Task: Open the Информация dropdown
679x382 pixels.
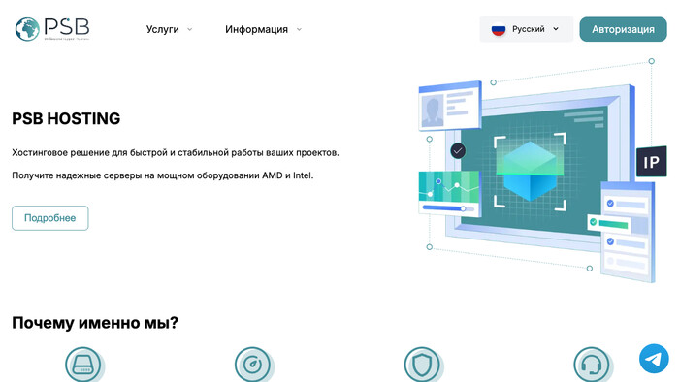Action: point(263,29)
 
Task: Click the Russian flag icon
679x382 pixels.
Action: point(499,29)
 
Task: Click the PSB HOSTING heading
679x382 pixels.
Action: point(66,119)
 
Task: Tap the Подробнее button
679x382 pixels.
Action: point(49,218)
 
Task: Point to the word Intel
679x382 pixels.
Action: point(303,175)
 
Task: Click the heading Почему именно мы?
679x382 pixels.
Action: point(95,323)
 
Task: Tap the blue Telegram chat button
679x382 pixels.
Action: point(654,359)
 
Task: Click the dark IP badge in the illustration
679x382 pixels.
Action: point(651,162)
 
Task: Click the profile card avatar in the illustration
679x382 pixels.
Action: point(432,110)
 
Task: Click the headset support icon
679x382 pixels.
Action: point(590,365)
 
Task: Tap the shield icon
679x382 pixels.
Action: point(421,365)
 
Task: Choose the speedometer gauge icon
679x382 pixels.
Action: point(252,365)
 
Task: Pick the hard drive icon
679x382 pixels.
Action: point(82,365)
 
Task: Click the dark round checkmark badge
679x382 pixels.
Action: point(458,151)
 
